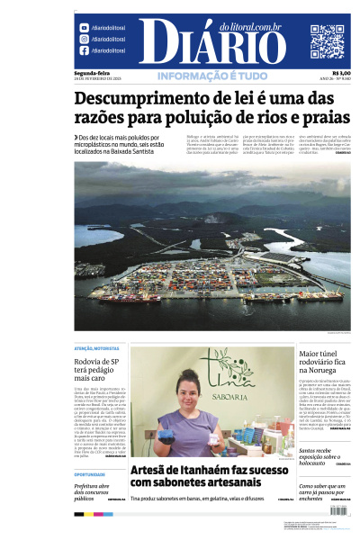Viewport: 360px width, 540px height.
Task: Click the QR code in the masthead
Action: point(327,41)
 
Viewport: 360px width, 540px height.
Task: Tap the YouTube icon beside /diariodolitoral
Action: point(84,28)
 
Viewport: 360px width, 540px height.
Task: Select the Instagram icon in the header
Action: point(84,40)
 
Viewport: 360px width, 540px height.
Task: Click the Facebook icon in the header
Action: point(84,51)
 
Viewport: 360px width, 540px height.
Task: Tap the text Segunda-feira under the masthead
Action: point(91,73)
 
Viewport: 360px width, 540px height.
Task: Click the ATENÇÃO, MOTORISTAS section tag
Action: point(95,349)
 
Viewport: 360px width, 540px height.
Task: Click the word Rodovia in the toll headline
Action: point(91,362)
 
